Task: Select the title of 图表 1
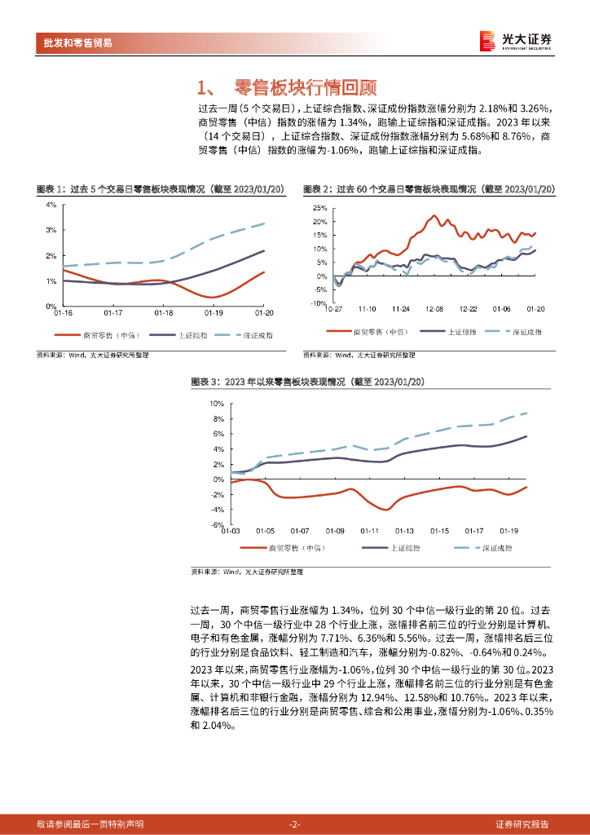160,189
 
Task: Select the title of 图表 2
429,189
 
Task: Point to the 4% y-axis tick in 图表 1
51,205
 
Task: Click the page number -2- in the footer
295,824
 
